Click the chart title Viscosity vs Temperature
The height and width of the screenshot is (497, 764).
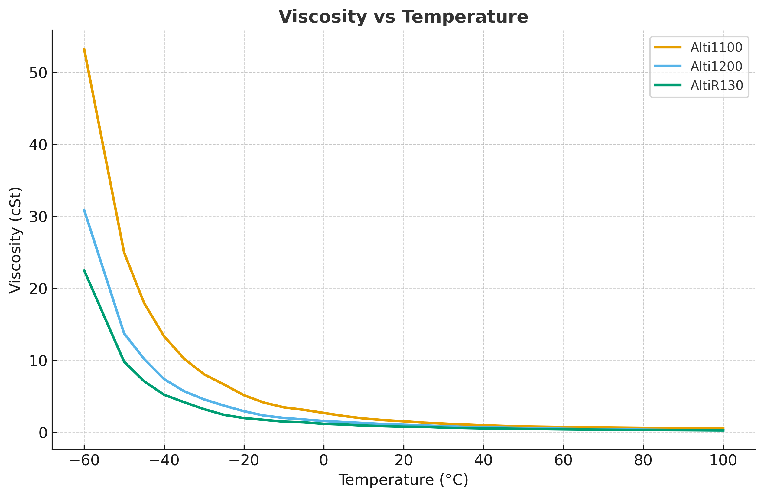point(403,17)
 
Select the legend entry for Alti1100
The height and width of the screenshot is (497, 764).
point(716,47)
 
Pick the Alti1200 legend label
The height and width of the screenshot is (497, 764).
point(716,67)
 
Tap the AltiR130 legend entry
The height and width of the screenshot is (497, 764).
point(717,86)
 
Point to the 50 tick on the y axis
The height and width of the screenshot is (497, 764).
point(38,73)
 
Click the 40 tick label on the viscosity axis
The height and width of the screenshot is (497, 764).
point(38,145)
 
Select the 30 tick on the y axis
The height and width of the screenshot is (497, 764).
point(38,217)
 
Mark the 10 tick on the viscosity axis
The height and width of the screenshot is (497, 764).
point(38,361)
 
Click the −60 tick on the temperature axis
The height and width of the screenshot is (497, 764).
point(84,461)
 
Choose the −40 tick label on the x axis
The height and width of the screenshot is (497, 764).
point(164,461)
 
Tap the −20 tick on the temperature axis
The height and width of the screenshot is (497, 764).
point(244,461)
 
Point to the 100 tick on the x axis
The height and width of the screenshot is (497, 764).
point(723,461)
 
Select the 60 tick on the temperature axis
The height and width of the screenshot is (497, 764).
point(563,461)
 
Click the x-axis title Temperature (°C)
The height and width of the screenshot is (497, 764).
point(403,480)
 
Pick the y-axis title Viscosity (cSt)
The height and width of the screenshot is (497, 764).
point(15,240)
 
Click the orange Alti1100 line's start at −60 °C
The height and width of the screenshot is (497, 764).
point(84,48)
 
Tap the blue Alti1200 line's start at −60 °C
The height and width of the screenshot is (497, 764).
point(84,209)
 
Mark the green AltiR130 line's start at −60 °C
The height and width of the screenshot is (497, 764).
point(84,270)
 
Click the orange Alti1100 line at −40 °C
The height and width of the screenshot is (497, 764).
point(164,336)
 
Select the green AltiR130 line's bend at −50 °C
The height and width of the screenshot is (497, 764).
point(124,361)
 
